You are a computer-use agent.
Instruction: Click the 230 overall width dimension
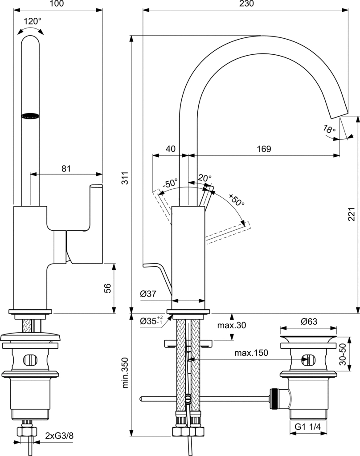[246, 4]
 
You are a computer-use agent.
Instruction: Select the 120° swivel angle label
[32, 20]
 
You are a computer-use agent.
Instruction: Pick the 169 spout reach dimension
[264, 149]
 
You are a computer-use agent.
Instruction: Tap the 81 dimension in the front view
[66, 168]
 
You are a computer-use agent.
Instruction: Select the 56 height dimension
[107, 289]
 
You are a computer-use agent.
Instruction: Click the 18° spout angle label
[329, 130]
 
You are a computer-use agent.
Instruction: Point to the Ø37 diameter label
[147, 294]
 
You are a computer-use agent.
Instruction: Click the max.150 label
[252, 353]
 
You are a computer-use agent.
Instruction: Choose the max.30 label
[231, 326]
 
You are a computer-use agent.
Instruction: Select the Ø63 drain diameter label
[308, 322]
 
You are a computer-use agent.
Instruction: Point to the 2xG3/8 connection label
[59, 436]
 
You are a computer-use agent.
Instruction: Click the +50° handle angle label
[237, 200]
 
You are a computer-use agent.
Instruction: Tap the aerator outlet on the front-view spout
[30, 116]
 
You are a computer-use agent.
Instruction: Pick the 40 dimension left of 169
[170, 149]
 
